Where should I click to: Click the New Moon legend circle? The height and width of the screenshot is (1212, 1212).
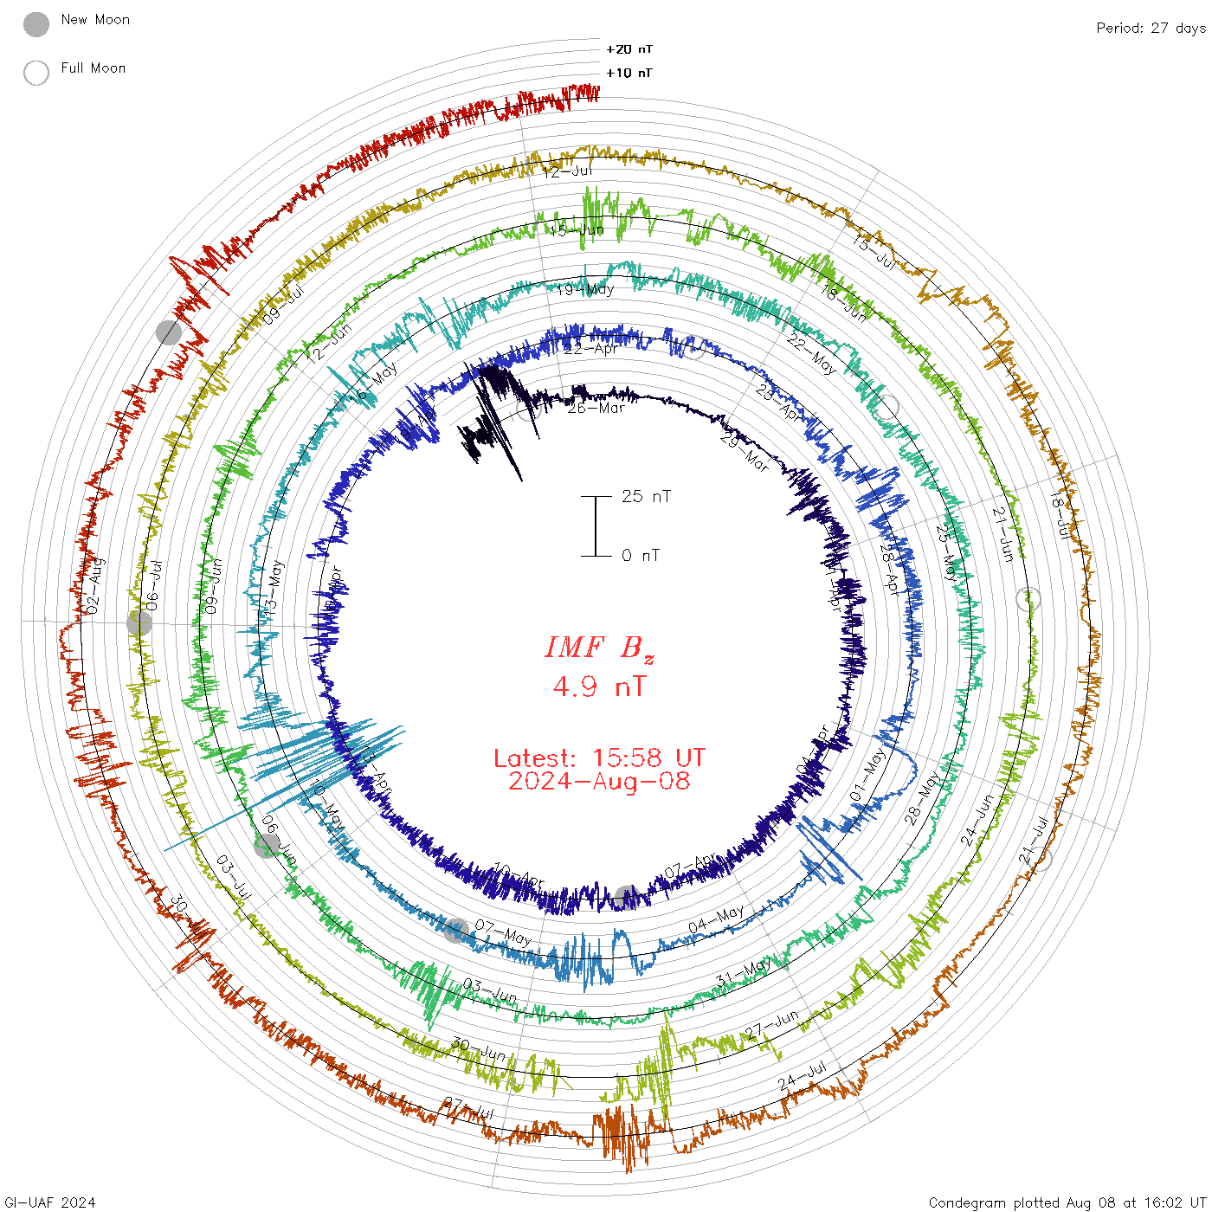tap(36, 24)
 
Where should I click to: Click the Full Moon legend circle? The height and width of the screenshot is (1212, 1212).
tap(36, 73)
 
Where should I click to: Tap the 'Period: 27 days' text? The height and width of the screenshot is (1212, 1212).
tap(1151, 28)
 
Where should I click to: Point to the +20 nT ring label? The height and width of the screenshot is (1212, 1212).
tap(629, 49)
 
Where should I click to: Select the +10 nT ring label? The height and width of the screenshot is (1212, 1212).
tap(629, 73)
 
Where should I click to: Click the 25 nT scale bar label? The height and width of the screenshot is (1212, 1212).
tap(646, 496)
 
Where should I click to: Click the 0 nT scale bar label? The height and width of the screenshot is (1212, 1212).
tap(641, 555)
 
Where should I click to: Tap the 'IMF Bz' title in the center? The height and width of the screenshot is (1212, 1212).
tap(599, 648)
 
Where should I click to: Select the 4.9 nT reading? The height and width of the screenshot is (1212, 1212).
tap(599, 687)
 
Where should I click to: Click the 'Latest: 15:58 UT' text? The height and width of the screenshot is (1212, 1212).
tap(599, 758)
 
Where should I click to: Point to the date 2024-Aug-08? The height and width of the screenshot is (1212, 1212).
tap(599, 781)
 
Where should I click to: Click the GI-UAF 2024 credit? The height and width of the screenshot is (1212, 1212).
tap(49, 1202)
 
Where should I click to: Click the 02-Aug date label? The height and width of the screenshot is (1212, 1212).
tap(94, 586)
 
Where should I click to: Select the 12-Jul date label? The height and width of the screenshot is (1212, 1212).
tap(568, 171)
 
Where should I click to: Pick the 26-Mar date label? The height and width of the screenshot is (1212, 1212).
tap(596, 408)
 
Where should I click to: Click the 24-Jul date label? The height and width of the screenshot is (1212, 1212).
tap(802, 1077)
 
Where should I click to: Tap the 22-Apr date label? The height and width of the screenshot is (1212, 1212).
tap(591, 349)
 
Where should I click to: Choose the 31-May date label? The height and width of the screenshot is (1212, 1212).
tap(744, 972)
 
